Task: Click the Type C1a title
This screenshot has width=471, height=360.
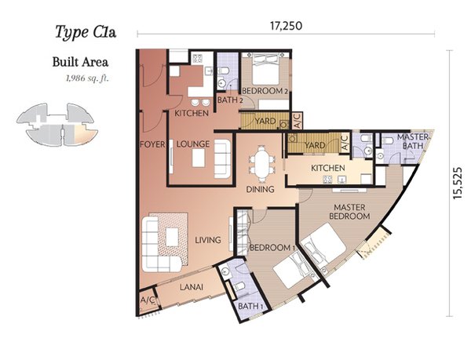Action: click(x=86, y=32)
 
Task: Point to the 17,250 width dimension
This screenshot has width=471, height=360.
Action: click(x=286, y=26)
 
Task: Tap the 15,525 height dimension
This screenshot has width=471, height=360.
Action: click(x=458, y=183)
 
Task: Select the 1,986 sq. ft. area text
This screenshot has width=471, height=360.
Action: click(x=87, y=78)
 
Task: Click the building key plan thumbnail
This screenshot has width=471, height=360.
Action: click(x=57, y=125)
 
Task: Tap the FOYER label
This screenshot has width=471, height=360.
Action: click(x=152, y=144)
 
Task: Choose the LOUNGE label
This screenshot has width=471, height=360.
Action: click(x=193, y=144)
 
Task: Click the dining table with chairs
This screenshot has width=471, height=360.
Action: click(x=261, y=164)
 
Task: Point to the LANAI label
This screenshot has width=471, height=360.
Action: click(x=192, y=287)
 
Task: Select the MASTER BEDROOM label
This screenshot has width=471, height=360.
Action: click(x=349, y=212)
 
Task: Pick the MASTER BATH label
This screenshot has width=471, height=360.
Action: click(x=413, y=141)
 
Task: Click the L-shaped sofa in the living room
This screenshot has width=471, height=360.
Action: click(x=161, y=245)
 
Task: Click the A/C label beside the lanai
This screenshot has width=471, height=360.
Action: click(x=148, y=300)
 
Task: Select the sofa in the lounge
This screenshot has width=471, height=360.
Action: click(x=223, y=158)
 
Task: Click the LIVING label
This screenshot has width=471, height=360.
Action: click(x=208, y=240)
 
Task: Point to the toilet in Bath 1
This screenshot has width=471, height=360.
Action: click(x=239, y=287)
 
